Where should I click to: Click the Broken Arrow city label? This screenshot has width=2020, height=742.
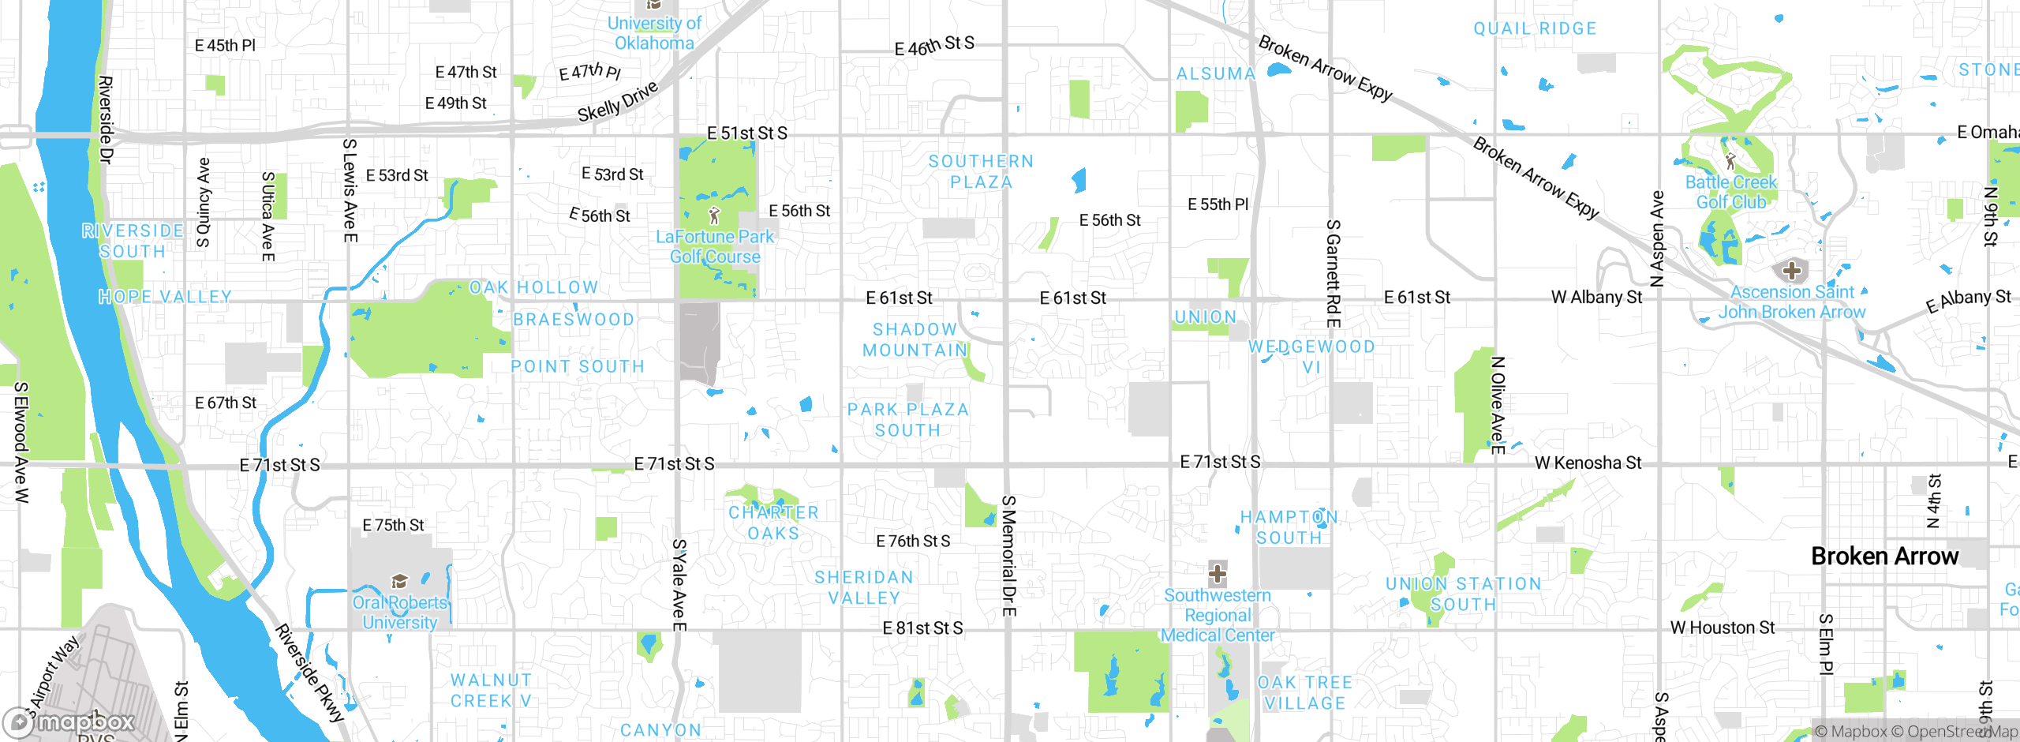click(1884, 556)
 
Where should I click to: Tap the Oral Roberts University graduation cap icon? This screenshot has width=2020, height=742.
click(399, 582)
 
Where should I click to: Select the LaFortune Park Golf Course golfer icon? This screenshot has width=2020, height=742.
click(714, 215)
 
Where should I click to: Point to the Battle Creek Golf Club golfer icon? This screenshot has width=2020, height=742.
click(1730, 161)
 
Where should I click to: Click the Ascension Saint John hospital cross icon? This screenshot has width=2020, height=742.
click(1791, 271)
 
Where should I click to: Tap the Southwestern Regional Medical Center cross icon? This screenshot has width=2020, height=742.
click(1218, 573)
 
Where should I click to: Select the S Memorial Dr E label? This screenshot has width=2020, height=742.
click(1008, 556)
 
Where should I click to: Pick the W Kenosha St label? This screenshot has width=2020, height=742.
click(1588, 463)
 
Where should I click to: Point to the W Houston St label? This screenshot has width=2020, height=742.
click(1722, 628)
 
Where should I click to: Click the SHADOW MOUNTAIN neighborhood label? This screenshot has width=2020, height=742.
click(915, 339)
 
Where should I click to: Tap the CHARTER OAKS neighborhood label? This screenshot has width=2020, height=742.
click(773, 523)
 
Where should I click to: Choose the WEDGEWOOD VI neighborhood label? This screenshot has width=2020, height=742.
click(1311, 357)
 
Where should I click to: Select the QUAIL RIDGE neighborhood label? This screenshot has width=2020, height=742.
click(1535, 29)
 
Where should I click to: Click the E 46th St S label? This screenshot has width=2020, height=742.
click(934, 46)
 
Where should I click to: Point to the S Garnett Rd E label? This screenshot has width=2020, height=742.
click(1333, 273)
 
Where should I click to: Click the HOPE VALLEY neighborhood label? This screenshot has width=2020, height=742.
click(165, 297)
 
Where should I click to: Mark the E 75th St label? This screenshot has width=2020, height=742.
click(393, 525)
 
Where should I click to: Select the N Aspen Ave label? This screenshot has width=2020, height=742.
click(1658, 238)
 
